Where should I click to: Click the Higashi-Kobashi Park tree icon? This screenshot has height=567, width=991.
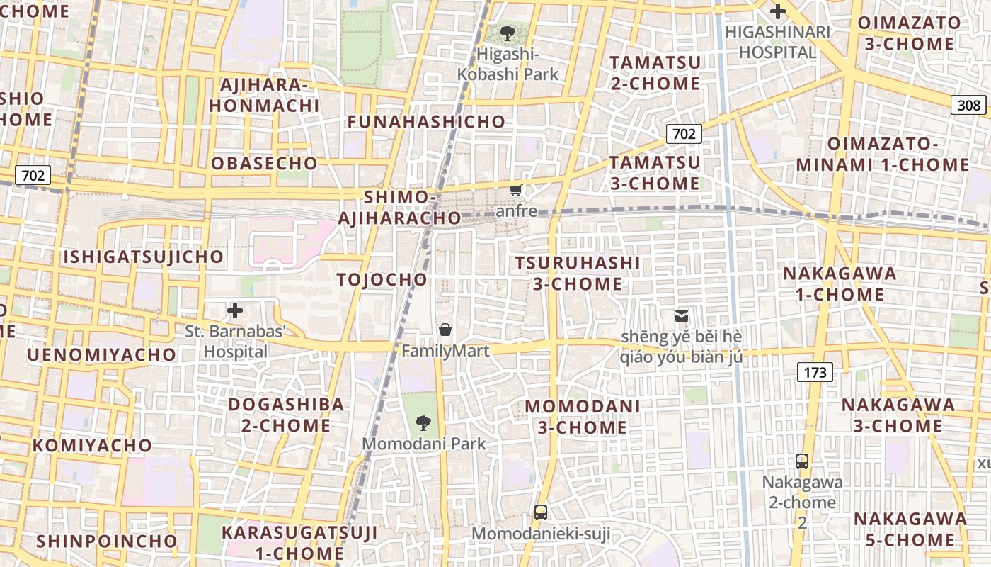pos(507,33)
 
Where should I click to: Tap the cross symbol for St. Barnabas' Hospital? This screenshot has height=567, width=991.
pos(235,310)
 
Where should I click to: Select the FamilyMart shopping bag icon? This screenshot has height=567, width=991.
pos(445,330)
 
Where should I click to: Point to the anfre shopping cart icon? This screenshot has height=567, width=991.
pos(516,190)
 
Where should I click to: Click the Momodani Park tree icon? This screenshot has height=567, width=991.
pos(423,423)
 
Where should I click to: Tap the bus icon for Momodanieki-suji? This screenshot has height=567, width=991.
pos(541,512)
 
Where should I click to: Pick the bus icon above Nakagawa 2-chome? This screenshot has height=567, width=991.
pos(802,461)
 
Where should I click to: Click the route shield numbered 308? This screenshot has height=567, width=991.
pos(968,106)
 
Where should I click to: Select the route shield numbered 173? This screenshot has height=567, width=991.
pos(815,372)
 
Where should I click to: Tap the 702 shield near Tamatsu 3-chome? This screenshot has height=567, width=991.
pos(684,133)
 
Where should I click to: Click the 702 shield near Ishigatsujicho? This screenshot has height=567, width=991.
pos(33,174)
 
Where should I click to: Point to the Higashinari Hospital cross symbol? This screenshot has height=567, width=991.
pos(778,11)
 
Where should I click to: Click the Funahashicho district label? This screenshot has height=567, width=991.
pos(426,122)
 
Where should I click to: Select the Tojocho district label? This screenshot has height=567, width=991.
pos(382,279)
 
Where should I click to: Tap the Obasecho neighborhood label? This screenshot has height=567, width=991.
pos(265,163)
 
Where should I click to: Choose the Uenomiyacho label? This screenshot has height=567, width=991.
pos(102,354)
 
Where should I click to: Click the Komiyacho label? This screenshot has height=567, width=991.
pos(92,445)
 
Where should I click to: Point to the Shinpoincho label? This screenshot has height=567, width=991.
pos(107,541)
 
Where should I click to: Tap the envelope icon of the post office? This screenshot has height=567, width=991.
pos(681,316)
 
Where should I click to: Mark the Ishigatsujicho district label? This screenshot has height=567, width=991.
pos(144,257)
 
